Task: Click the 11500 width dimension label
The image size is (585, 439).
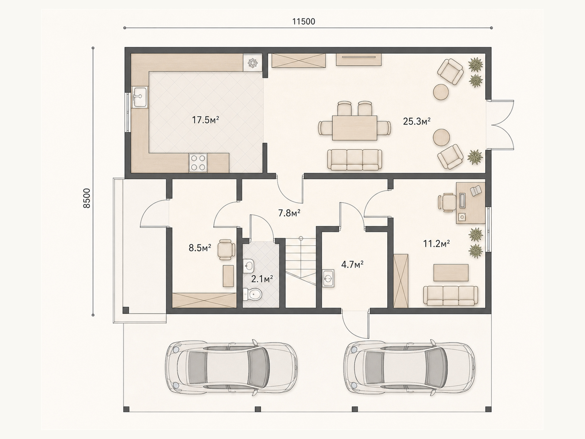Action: point(303,22)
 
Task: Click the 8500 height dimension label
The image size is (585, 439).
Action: point(87,198)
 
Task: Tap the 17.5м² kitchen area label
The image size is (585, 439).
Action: point(205,120)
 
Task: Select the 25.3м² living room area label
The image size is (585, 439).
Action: point(416,121)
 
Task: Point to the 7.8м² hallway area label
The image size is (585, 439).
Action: point(290,213)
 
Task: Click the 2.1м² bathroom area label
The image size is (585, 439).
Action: point(262,279)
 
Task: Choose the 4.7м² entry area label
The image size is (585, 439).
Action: point(352,264)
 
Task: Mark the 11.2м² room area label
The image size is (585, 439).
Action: point(437,244)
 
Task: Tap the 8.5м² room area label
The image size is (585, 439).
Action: point(200,248)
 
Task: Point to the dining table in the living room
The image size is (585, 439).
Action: point(354,128)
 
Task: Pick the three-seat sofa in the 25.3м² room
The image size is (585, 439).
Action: point(354,160)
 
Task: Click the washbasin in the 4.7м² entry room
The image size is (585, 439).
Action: point(328,278)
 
